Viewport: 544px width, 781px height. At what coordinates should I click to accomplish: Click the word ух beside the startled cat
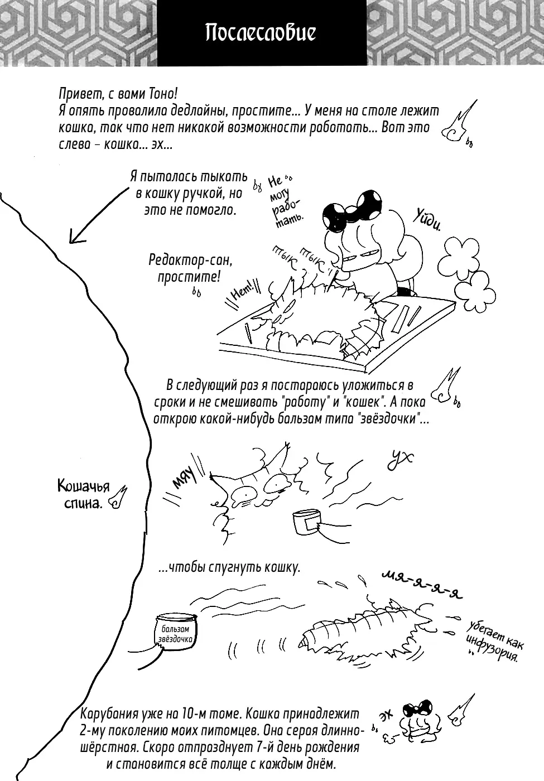(x=399, y=460)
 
